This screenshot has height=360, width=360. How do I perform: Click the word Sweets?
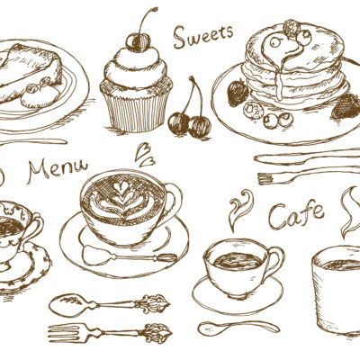pyautogui.click(x=203, y=37)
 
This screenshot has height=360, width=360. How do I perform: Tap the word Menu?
pyautogui.click(x=58, y=171)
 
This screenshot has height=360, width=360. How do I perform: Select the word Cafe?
pyautogui.click(x=296, y=215)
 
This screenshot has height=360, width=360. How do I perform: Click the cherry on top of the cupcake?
pyautogui.click(x=138, y=42)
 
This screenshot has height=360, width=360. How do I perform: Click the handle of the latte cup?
pyautogui.click(x=173, y=200)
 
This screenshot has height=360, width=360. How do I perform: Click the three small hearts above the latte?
pyautogui.click(x=145, y=155)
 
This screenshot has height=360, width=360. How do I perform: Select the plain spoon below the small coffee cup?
pyautogui.click(x=239, y=327)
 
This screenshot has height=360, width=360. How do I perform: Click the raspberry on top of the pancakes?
pyautogui.click(x=292, y=28)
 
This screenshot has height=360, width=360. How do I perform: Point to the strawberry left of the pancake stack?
pyautogui.click(x=238, y=91)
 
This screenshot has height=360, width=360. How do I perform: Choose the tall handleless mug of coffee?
pyautogui.click(x=337, y=292)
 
